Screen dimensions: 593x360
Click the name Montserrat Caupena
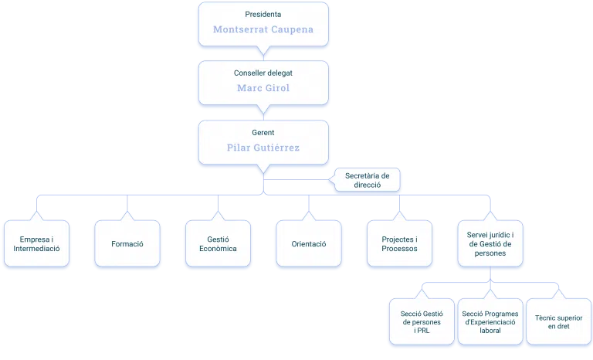(x=263, y=29)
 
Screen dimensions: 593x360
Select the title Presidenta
(x=263, y=15)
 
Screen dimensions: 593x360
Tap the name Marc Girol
(x=263, y=88)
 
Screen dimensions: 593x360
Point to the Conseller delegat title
(x=263, y=73)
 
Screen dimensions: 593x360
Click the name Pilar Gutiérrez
(x=263, y=148)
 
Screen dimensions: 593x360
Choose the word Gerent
(x=263, y=133)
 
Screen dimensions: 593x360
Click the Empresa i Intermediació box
(x=37, y=243)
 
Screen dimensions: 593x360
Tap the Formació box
(x=127, y=243)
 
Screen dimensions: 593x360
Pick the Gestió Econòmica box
(x=219, y=243)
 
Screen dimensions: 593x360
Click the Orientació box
(x=309, y=243)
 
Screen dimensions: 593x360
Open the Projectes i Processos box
(x=400, y=243)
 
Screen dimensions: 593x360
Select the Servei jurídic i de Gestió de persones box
(x=490, y=243)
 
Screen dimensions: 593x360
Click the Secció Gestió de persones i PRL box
(x=422, y=322)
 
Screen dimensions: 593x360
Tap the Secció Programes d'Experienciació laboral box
(x=490, y=322)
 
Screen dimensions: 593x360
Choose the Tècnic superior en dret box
(x=558, y=322)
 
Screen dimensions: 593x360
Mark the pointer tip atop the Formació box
(x=127, y=211)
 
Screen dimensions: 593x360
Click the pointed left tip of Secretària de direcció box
(x=329, y=180)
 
